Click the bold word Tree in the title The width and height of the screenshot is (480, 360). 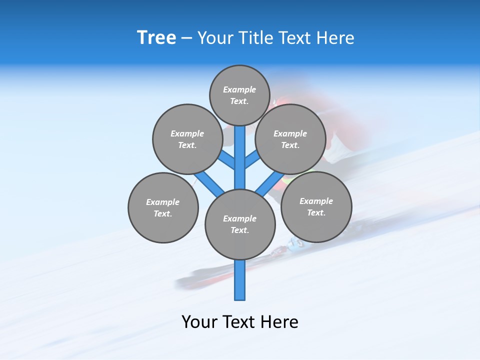(x=156, y=37)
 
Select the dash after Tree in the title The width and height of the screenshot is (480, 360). (x=186, y=38)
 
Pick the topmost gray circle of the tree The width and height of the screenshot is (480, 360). (x=239, y=95)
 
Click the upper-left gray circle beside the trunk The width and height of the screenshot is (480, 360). (x=187, y=139)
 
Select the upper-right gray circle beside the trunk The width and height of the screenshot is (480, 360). (x=290, y=139)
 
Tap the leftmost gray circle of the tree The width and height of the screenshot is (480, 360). (x=163, y=207)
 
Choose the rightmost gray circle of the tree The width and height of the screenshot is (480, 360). (x=316, y=206)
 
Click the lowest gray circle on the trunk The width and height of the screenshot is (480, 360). (x=240, y=224)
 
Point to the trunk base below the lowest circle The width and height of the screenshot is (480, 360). (x=240, y=280)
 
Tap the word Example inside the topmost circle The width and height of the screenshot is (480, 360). (x=239, y=89)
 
